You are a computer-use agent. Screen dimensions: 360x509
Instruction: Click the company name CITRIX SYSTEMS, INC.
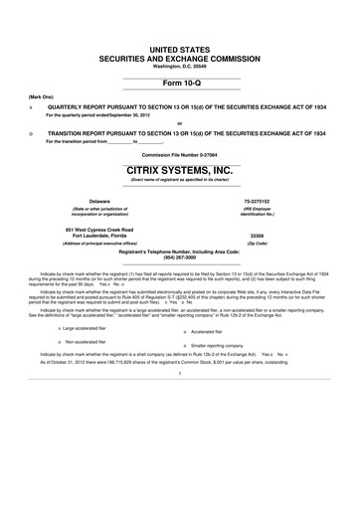click(x=180, y=170)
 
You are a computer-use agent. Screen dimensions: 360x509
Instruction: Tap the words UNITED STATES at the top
click(x=180, y=49)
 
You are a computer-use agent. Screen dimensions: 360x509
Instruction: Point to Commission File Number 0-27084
click(x=180, y=156)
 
